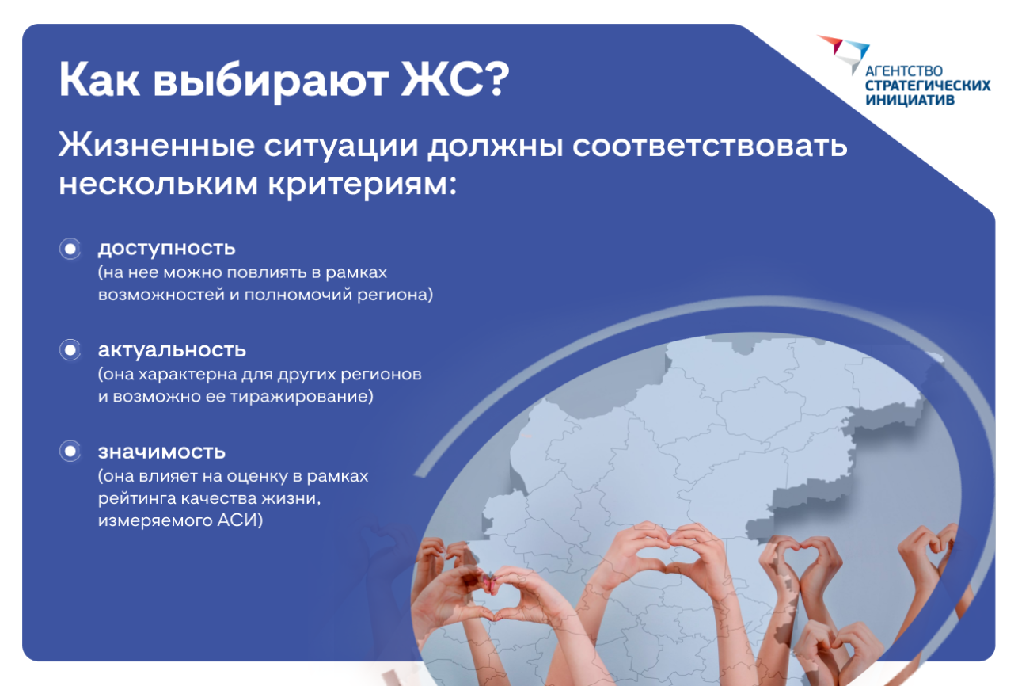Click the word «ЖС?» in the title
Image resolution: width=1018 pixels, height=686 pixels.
point(455,79)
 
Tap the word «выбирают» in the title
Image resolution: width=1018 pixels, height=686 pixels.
point(271,82)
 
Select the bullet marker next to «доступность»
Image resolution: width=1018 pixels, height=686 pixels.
point(70,249)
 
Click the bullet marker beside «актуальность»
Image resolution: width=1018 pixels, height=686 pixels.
point(70,350)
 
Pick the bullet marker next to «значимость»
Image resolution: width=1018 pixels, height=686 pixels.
point(70,452)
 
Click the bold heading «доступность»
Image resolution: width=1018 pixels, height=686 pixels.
point(167,249)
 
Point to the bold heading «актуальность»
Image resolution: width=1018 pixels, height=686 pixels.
point(173,350)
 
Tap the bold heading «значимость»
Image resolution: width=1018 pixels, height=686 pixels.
point(161,452)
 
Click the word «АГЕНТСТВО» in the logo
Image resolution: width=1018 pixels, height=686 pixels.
point(904,71)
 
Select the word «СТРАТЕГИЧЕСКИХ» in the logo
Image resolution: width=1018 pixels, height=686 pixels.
point(928,86)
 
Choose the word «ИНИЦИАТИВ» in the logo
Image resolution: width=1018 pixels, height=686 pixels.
point(910,100)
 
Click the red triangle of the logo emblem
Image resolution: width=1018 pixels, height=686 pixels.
point(832,44)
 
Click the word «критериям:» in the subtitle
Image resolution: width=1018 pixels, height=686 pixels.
point(363,185)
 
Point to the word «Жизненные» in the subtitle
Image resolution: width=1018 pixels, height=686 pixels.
point(157,146)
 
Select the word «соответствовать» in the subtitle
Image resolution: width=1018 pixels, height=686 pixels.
point(709,146)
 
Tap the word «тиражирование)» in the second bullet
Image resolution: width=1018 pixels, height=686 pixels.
point(302,397)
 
